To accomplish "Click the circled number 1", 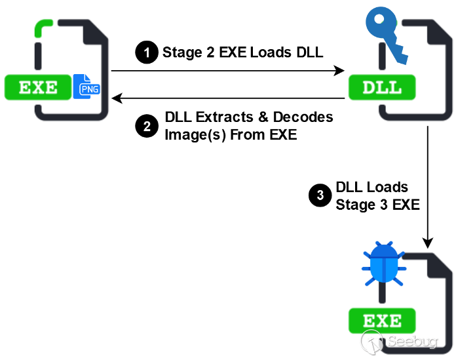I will (x=147, y=52).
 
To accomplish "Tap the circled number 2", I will (x=147, y=126).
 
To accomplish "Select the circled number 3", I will (x=320, y=195).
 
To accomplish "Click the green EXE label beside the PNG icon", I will (x=37, y=87).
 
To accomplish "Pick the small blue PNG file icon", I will (x=86, y=87).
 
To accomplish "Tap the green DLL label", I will (x=382, y=87).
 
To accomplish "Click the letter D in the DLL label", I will (x=369, y=87).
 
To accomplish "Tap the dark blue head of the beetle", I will (x=383, y=249).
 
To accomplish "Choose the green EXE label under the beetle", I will (x=382, y=321).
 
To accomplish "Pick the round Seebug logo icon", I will (x=371, y=341).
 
